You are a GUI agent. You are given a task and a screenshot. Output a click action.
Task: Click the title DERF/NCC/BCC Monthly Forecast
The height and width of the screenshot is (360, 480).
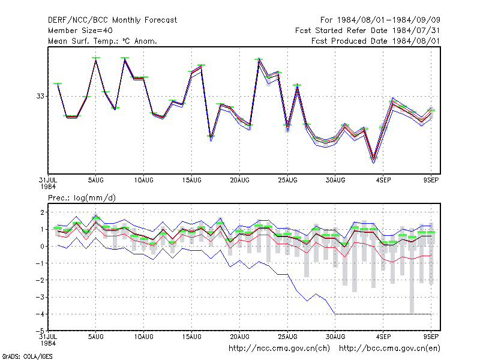(112, 20)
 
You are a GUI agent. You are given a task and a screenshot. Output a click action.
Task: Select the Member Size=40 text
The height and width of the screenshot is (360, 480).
(80, 31)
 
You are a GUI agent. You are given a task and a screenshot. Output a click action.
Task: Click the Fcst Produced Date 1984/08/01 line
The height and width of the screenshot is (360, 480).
(376, 41)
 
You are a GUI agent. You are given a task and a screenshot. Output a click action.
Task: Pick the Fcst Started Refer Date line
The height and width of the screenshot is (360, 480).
(367, 31)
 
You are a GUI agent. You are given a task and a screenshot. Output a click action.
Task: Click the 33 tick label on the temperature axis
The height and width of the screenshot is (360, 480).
(40, 96)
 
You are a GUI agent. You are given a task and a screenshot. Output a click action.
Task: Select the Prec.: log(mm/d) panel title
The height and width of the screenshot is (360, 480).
(82, 198)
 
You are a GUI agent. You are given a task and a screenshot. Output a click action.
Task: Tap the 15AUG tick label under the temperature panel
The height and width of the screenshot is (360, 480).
(191, 181)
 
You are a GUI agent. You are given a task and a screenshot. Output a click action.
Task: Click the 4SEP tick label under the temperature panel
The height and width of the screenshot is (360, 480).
(383, 181)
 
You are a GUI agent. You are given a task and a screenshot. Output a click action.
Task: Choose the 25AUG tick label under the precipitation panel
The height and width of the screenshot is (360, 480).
(287, 337)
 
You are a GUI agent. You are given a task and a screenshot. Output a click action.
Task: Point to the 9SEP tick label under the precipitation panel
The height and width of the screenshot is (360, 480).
(431, 337)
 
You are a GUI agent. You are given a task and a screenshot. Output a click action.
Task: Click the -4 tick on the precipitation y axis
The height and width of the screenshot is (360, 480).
(40, 314)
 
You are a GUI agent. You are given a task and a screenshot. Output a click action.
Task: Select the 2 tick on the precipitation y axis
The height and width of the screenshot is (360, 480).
(42, 212)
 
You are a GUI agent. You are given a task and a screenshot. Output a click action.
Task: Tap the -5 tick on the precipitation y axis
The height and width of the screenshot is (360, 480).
(40, 331)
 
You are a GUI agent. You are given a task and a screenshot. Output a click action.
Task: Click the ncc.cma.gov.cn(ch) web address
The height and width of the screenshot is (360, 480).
(279, 349)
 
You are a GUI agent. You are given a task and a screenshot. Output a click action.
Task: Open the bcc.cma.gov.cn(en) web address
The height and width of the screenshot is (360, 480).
(389, 349)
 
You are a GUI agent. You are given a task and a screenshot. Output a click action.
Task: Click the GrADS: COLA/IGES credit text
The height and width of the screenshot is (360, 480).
(27, 356)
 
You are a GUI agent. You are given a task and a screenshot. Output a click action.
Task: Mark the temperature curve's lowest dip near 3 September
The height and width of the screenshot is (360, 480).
(373, 159)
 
